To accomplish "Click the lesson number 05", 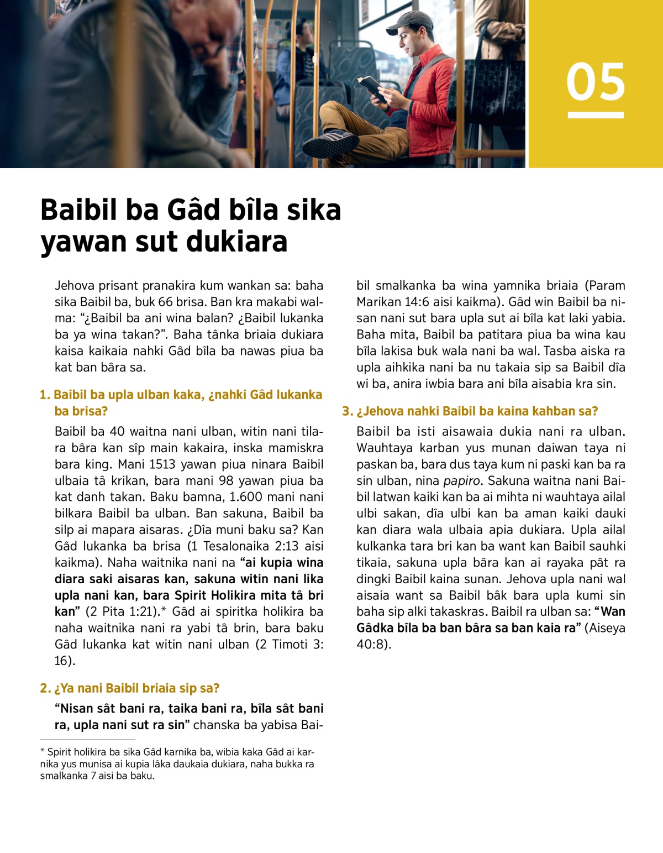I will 595,82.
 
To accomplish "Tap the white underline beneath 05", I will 595,115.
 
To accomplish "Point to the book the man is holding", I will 370,86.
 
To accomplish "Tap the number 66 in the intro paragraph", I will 165,302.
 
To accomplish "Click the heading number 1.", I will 45,395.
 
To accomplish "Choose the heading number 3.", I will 347,411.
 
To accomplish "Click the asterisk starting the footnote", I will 42,752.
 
